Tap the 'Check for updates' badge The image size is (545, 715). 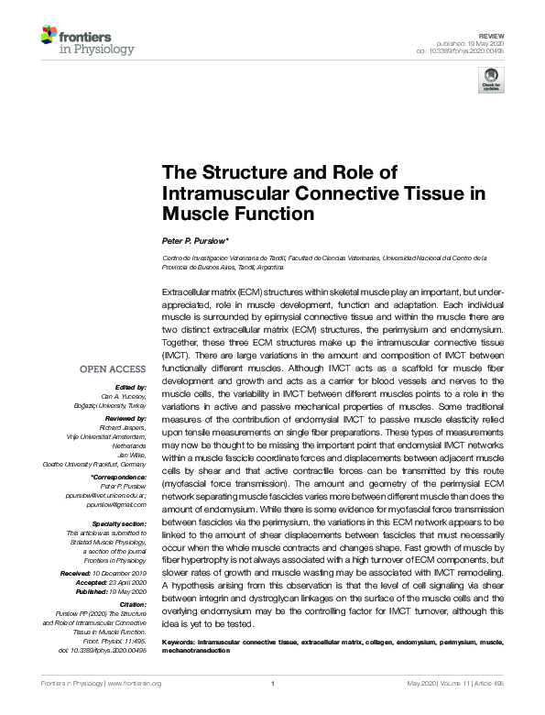(x=492, y=80)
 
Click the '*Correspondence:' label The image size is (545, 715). (x=117, y=478)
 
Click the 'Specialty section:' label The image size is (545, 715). (x=118, y=522)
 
